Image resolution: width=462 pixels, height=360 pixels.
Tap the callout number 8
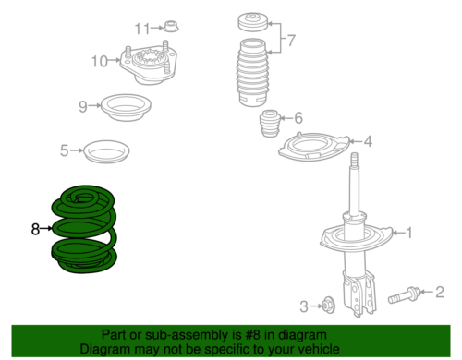tap(35, 229)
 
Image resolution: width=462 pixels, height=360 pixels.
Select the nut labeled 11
tap(171, 26)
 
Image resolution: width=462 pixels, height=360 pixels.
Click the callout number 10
tap(100, 61)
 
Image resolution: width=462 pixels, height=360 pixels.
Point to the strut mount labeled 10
tap(149, 65)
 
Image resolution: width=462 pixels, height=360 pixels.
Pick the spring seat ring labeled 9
tap(126, 108)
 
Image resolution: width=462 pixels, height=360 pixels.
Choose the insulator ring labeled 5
tap(106, 152)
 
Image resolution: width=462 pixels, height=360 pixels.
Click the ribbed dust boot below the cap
tap(252, 73)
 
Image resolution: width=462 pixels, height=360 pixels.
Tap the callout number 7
tap(290, 41)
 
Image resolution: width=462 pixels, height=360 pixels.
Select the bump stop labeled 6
tap(270, 124)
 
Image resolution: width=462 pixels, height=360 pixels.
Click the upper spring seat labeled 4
tap(314, 147)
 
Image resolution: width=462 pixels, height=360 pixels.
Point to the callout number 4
tap(368, 141)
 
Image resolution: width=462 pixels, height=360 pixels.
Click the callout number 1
tap(409, 233)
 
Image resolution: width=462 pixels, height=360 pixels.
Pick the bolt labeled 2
tap(403, 295)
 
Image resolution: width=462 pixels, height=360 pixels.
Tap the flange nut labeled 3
tap(328, 306)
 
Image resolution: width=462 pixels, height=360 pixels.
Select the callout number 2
tap(440, 292)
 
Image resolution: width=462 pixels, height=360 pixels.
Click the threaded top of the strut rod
tap(355, 160)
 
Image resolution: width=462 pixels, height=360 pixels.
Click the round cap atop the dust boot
tap(253, 21)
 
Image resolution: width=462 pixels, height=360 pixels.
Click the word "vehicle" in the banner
tap(319, 349)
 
